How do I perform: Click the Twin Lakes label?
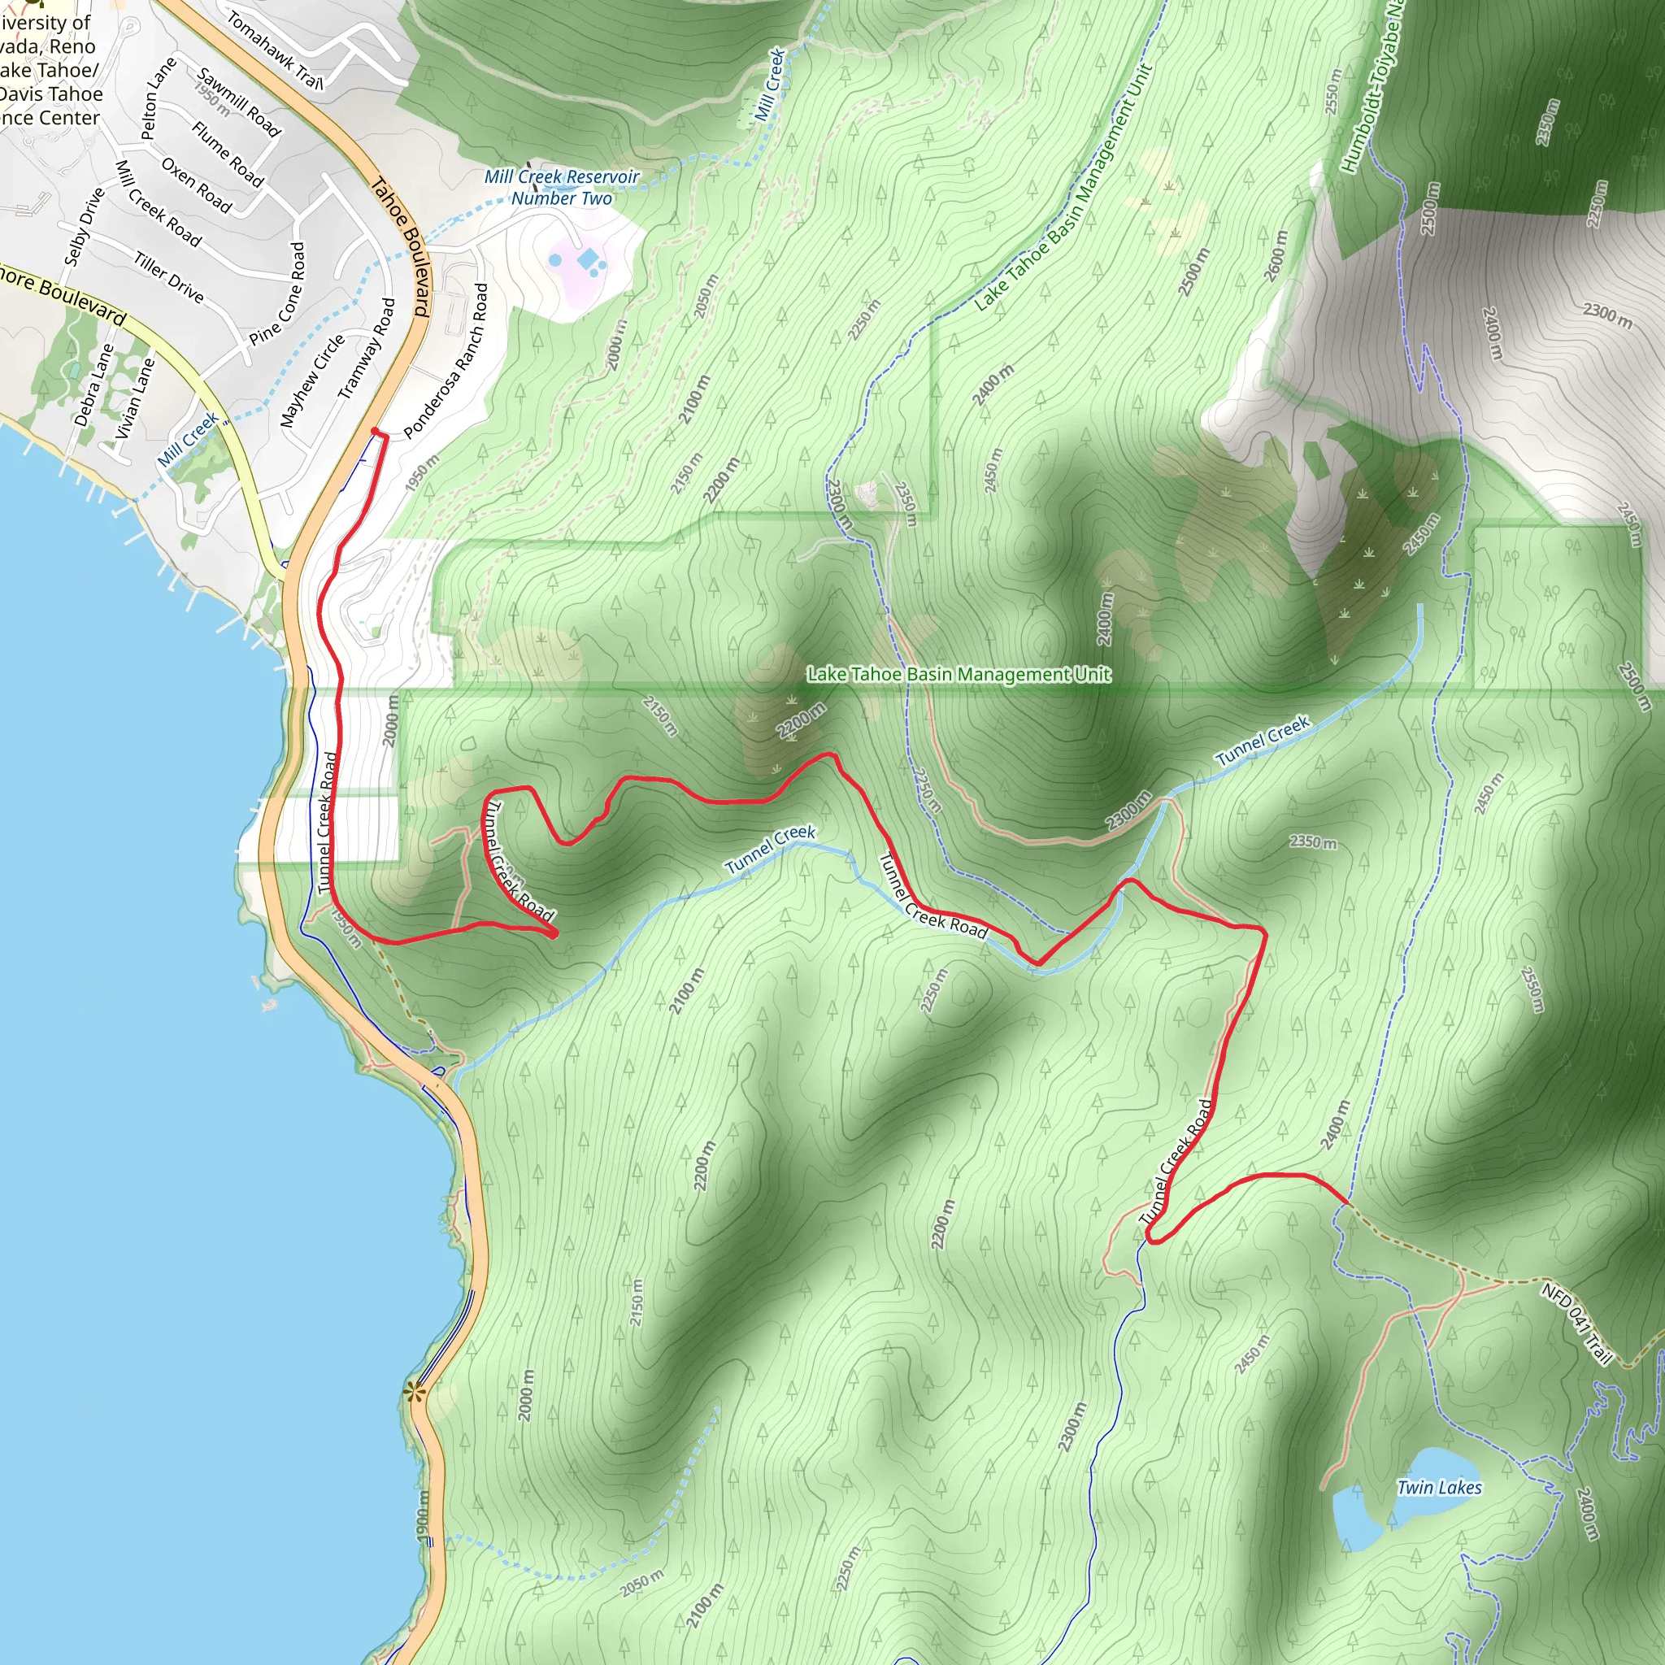tap(1438, 1488)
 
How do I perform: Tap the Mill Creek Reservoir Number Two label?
tap(562, 187)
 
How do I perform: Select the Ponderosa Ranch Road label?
tap(446, 361)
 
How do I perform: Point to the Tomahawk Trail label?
tap(274, 50)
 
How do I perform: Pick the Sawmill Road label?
tap(239, 102)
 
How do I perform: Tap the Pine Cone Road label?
tap(277, 293)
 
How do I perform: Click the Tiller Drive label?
tap(169, 277)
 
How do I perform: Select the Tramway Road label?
tap(367, 348)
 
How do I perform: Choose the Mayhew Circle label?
tap(312, 380)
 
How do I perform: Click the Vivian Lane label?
tap(135, 398)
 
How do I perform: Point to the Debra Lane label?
tap(94, 385)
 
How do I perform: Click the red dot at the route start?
tap(375, 431)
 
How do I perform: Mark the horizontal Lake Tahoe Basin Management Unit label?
tap(959, 674)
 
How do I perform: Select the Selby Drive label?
tap(85, 226)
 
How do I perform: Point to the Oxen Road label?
tap(197, 185)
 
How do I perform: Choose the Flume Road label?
tap(228, 154)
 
